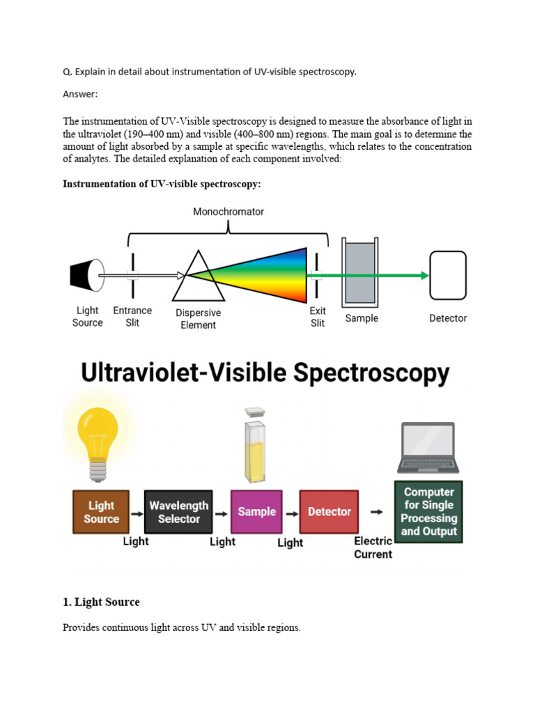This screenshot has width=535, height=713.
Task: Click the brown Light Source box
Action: [102, 512]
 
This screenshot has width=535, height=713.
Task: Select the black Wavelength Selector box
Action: [178, 512]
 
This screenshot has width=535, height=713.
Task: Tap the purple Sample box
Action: [256, 512]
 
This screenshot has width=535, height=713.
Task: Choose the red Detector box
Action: [329, 512]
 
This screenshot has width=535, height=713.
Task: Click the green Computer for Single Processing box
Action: [428, 512]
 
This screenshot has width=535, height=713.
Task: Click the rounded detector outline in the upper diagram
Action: [447, 276]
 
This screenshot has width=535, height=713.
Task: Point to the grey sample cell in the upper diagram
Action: [359, 273]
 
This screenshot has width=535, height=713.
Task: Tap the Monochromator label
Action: [228, 212]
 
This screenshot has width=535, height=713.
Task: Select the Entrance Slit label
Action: [132, 317]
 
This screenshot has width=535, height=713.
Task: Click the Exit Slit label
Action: [318, 318]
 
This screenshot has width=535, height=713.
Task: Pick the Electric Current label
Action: [373, 548]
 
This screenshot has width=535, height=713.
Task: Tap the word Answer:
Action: [80, 93]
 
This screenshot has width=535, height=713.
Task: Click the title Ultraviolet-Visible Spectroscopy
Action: [265, 373]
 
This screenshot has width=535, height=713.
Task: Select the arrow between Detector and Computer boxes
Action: [376, 512]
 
